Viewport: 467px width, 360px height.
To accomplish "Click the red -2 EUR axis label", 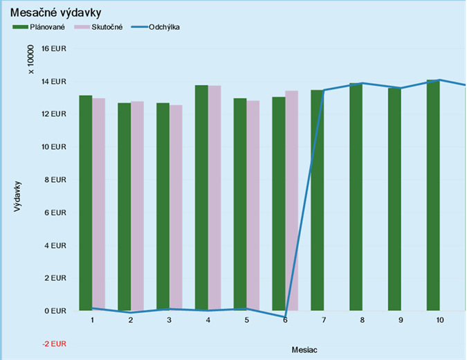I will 55,343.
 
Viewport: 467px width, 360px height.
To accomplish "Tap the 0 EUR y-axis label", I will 55,311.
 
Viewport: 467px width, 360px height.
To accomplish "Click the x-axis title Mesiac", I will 305,349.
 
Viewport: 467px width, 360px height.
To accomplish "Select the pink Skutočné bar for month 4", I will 214,198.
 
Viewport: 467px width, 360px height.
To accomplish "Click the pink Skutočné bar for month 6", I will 291,201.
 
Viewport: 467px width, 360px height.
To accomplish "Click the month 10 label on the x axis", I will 440,321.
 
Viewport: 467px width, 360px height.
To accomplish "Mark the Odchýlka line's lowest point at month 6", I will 285,317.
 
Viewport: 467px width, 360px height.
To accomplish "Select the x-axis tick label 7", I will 324,321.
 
